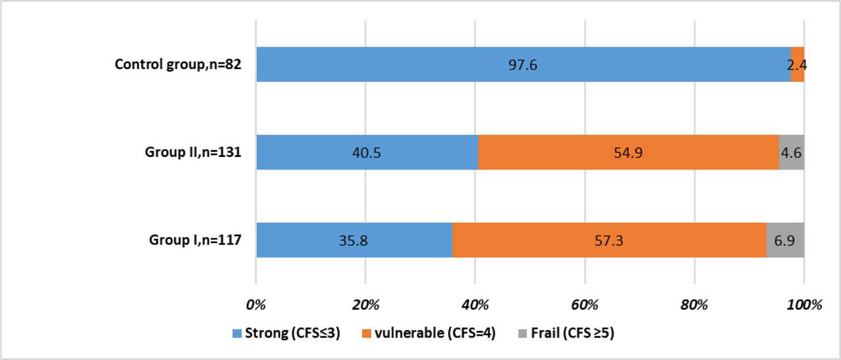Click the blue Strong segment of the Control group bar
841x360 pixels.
[x=523, y=64]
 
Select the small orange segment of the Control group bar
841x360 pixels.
[x=797, y=64]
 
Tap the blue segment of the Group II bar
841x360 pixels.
[x=367, y=152]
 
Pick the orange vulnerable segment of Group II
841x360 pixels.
[x=628, y=152]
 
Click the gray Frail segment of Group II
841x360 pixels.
[x=791, y=152]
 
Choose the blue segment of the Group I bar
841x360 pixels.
[x=353, y=240]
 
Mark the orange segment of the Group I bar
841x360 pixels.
[x=609, y=240]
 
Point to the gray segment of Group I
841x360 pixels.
[x=784, y=240]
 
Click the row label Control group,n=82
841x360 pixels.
[x=178, y=64]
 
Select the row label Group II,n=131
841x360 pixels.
[x=193, y=152]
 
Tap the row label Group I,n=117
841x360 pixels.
[x=195, y=240]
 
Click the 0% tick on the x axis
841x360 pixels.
[x=256, y=305]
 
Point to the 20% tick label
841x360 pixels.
[x=365, y=305]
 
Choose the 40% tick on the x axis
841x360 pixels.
[x=475, y=305]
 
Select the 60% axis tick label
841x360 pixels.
[x=585, y=305]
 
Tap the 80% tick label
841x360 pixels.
[x=694, y=305]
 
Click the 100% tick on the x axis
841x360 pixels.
[x=804, y=305]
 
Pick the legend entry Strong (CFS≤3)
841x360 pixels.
[x=286, y=334]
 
